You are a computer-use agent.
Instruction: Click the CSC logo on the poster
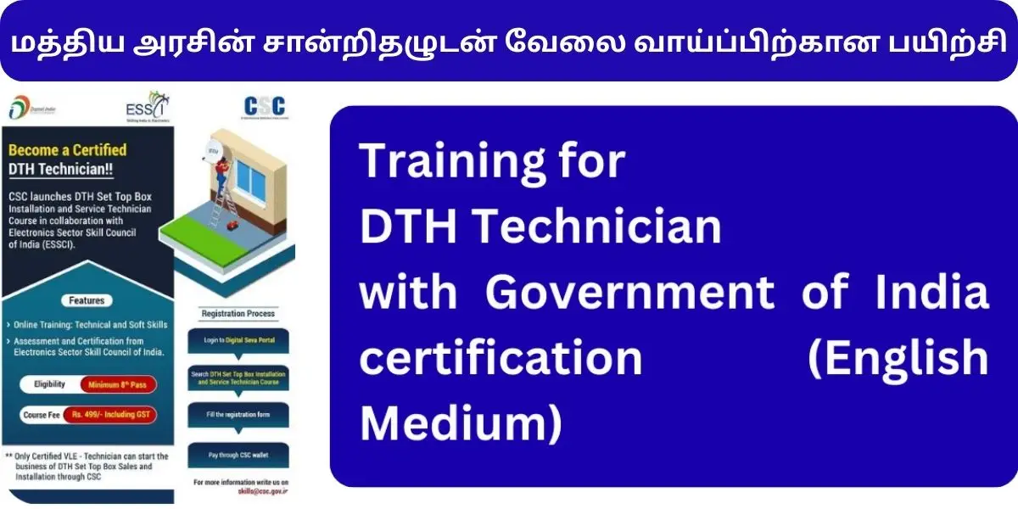tap(264, 108)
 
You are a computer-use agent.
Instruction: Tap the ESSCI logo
tap(145, 108)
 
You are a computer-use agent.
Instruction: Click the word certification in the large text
tap(501, 357)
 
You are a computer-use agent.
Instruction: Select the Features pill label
tap(87, 300)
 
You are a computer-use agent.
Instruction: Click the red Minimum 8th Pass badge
tap(118, 384)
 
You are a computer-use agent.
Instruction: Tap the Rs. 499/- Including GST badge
tap(118, 416)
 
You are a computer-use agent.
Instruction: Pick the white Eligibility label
tap(49, 384)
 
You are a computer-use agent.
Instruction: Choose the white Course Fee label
tap(45, 416)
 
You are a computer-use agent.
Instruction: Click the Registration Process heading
tap(238, 314)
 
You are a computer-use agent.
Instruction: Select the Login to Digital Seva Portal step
tap(238, 341)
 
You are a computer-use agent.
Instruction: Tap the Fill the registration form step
tap(238, 416)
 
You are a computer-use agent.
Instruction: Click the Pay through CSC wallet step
tap(238, 456)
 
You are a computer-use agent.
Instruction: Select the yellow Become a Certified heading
tap(67, 150)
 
